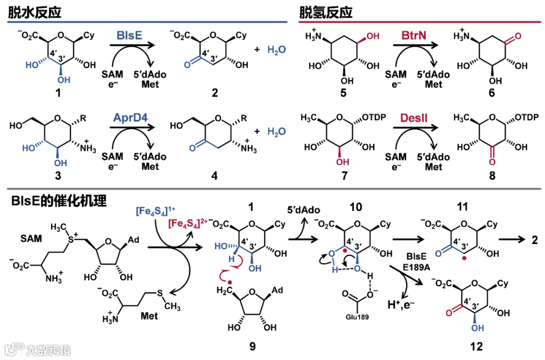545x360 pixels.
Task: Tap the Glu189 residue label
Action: coord(357,317)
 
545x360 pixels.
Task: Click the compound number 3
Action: coord(54,176)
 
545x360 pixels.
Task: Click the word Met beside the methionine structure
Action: coord(149,316)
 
